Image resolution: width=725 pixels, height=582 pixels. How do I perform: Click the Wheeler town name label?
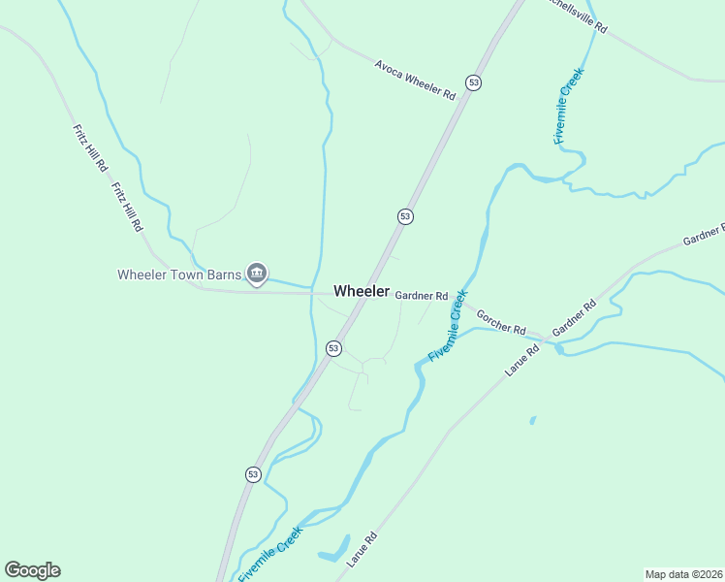point(362,291)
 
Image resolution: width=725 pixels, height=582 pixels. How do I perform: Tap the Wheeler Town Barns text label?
point(178,275)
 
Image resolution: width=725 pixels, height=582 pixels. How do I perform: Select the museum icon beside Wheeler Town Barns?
point(257,274)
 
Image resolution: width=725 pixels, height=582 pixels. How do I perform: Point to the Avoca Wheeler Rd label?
point(415,80)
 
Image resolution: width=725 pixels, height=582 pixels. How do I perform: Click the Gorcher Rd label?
point(500,321)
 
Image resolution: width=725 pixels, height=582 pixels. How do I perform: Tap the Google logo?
point(32,570)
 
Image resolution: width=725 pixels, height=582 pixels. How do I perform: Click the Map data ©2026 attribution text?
point(683,574)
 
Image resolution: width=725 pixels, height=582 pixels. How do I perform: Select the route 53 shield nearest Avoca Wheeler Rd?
point(472,83)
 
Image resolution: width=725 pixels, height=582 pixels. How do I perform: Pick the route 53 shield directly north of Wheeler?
point(405,216)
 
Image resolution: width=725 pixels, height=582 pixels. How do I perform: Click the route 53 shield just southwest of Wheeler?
point(333,347)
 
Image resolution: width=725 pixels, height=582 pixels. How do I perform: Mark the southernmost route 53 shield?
point(253,473)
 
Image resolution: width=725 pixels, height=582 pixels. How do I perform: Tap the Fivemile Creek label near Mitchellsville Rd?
point(570,107)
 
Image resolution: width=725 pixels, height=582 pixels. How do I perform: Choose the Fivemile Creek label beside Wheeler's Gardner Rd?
point(448,326)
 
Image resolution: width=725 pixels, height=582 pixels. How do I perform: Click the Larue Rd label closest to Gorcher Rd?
point(521,360)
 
